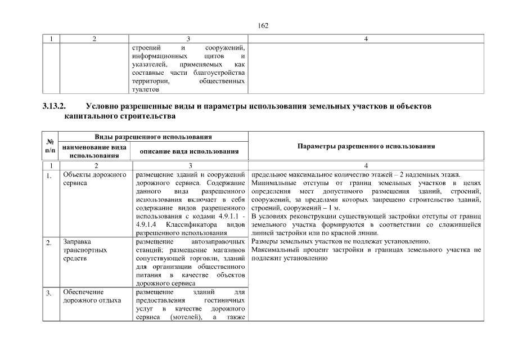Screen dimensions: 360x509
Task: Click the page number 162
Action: [x=262, y=25]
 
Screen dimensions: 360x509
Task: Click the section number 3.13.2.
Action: [x=54, y=107]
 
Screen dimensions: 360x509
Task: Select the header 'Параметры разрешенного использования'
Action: [x=366, y=146]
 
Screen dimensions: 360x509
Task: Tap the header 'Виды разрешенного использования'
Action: [x=153, y=136]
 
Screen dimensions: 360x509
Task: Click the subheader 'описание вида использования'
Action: [x=189, y=151]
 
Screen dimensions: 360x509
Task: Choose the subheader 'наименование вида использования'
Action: [x=94, y=151]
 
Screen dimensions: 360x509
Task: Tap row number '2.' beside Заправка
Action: [x=49, y=243]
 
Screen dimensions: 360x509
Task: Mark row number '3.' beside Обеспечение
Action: [x=49, y=293]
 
